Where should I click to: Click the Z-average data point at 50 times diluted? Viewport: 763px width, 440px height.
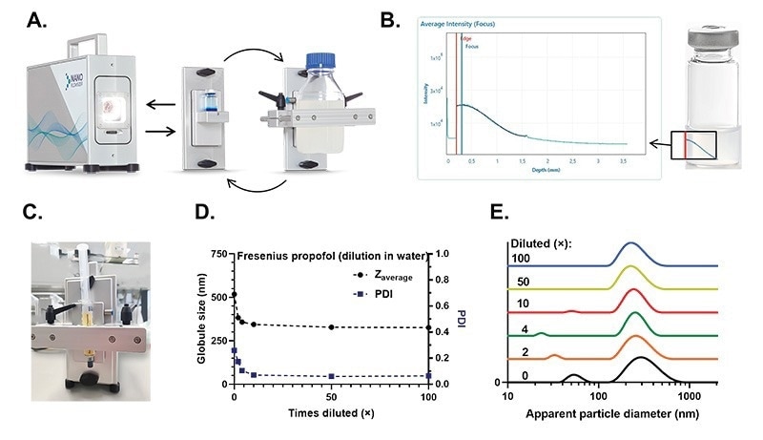331,327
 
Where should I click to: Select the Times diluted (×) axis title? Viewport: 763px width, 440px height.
330,411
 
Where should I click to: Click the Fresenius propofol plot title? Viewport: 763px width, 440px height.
320,256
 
